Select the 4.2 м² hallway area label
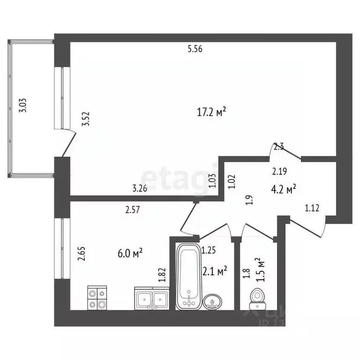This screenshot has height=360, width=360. (284, 189)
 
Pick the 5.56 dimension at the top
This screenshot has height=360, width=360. (195, 49)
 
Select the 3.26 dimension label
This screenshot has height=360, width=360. (140, 189)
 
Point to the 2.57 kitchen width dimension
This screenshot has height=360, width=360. (133, 211)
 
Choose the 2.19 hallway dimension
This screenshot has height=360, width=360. (280, 171)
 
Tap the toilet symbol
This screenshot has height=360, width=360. (256, 296)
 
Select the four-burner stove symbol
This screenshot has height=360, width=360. (97, 298)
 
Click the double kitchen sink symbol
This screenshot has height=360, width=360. (152, 298)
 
